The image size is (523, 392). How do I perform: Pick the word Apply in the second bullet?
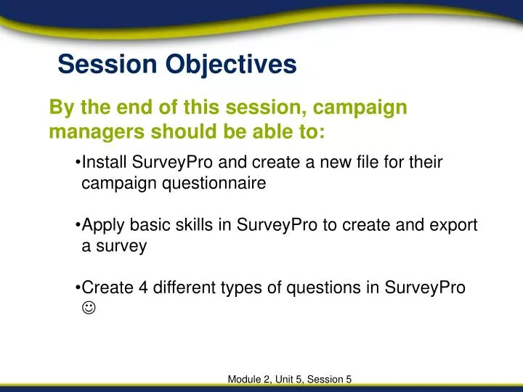[x=101, y=225]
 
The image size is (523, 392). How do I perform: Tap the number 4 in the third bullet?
[x=144, y=287]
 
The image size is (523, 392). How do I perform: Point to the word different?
[x=182, y=287]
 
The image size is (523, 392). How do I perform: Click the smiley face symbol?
[x=88, y=309]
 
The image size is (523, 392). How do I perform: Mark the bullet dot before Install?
[x=78, y=163]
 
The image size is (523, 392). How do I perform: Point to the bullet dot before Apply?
[x=78, y=226]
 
